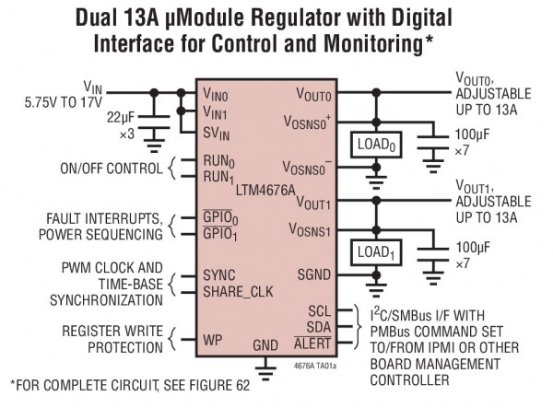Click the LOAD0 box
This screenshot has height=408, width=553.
376,146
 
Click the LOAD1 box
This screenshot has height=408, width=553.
376,251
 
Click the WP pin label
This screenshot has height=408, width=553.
213,339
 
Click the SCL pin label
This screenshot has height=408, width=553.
318,309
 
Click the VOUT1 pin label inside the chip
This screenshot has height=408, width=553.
313,204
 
